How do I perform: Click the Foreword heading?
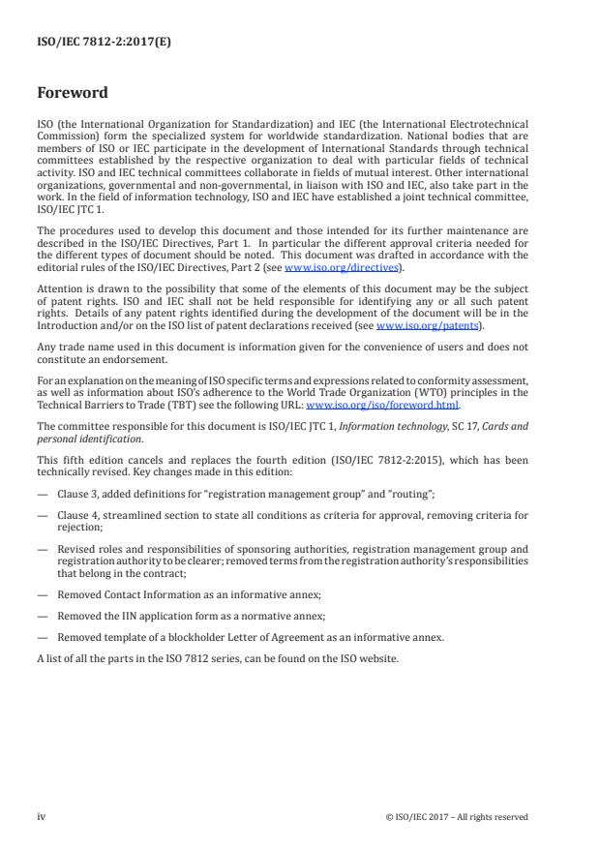pos(73,95)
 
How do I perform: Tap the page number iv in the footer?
pos(42,816)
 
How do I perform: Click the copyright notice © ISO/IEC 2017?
pos(456,817)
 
